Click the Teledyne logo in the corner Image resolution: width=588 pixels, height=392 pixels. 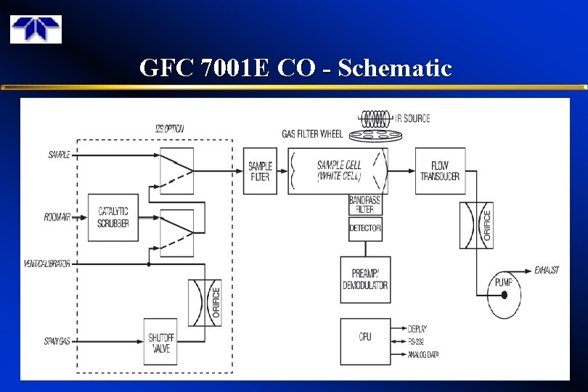pos(36,28)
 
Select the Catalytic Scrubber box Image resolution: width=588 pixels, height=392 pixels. pos(113,217)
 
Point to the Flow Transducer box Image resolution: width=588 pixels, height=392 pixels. pos(440,171)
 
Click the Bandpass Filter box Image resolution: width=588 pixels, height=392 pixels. pos(365,205)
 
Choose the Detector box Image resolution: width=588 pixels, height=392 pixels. pos(365,229)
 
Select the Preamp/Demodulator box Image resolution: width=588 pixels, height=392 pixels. pos(365,279)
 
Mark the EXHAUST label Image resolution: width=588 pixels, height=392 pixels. pos(547,270)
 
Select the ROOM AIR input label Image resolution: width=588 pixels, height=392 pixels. pos(57,217)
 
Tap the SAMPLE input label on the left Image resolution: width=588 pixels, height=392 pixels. pos(59,155)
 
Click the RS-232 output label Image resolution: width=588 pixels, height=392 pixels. pos(417,340)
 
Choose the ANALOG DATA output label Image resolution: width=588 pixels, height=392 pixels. pos(423,354)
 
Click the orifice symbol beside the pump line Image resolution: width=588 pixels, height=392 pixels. pos(476,225)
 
